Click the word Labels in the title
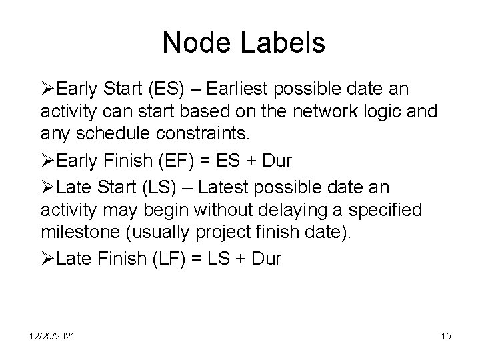click(285, 43)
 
